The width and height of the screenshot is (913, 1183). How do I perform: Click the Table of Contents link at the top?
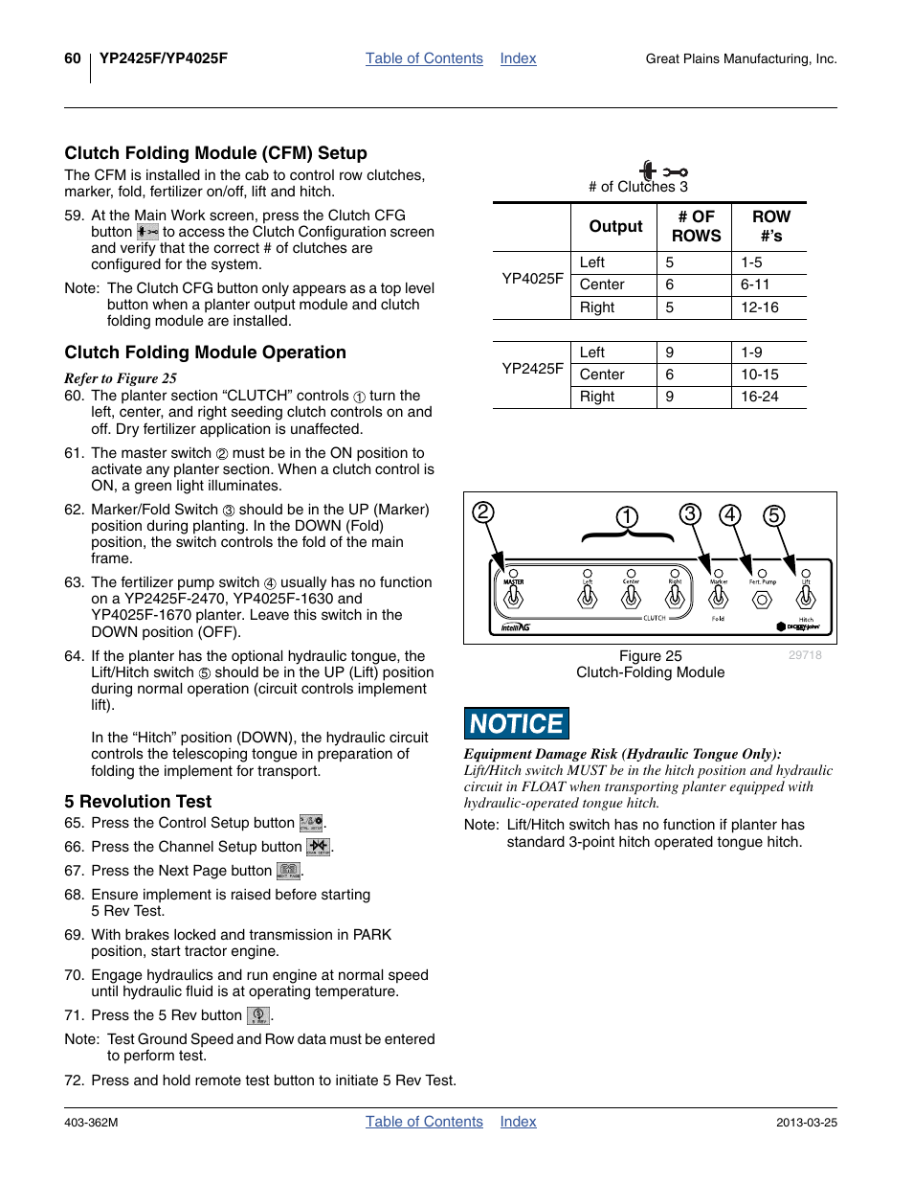(424, 58)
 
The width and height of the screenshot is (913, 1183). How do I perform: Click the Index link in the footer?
(518, 1122)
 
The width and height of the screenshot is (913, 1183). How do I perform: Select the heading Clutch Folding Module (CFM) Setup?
(215, 153)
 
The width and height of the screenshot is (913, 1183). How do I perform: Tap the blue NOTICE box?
(517, 723)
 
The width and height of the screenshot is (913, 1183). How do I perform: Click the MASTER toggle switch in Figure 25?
(514, 598)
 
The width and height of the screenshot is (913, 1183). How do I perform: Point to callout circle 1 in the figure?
(627, 517)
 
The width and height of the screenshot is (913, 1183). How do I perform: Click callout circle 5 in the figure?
(773, 516)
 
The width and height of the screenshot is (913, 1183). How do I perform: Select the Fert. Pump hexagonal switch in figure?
(762, 600)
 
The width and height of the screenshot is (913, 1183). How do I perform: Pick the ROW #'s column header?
(770, 226)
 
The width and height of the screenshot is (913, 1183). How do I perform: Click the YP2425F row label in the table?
(532, 368)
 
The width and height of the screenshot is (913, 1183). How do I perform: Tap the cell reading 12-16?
(759, 307)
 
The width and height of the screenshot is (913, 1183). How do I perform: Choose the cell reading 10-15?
(759, 375)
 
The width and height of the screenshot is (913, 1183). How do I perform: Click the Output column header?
(615, 226)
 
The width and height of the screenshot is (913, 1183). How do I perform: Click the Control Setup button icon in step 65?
(311, 823)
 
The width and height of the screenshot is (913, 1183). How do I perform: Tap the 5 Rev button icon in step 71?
(258, 1015)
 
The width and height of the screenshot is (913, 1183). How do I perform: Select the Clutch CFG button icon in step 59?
(147, 232)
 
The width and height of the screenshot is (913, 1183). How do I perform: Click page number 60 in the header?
(73, 58)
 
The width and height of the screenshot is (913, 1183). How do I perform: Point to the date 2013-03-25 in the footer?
(806, 1123)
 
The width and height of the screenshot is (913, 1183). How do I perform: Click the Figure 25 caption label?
(650, 656)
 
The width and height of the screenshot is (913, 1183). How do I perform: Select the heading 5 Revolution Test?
(138, 802)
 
